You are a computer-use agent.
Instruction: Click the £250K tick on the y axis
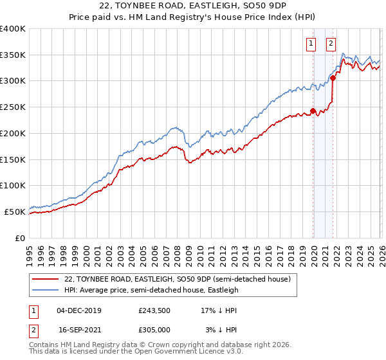pyautogui.click(x=13, y=107)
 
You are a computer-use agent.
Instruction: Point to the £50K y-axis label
pyautogui.click(x=15, y=212)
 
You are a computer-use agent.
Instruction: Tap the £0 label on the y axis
pyautogui.click(x=20, y=238)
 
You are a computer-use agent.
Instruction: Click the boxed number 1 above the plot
pyautogui.click(x=311, y=44)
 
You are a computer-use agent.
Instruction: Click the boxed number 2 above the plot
pyautogui.click(x=331, y=44)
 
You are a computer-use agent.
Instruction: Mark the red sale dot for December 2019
pyautogui.click(x=313, y=111)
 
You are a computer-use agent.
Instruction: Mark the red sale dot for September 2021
pyautogui.click(x=333, y=78)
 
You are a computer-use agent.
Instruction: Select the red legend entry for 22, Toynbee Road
pyautogui.click(x=178, y=280)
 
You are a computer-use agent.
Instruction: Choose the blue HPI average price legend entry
pyautogui.click(x=151, y=291)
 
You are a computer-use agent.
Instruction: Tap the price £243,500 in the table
pyautogui.click(x=154, y=310)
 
